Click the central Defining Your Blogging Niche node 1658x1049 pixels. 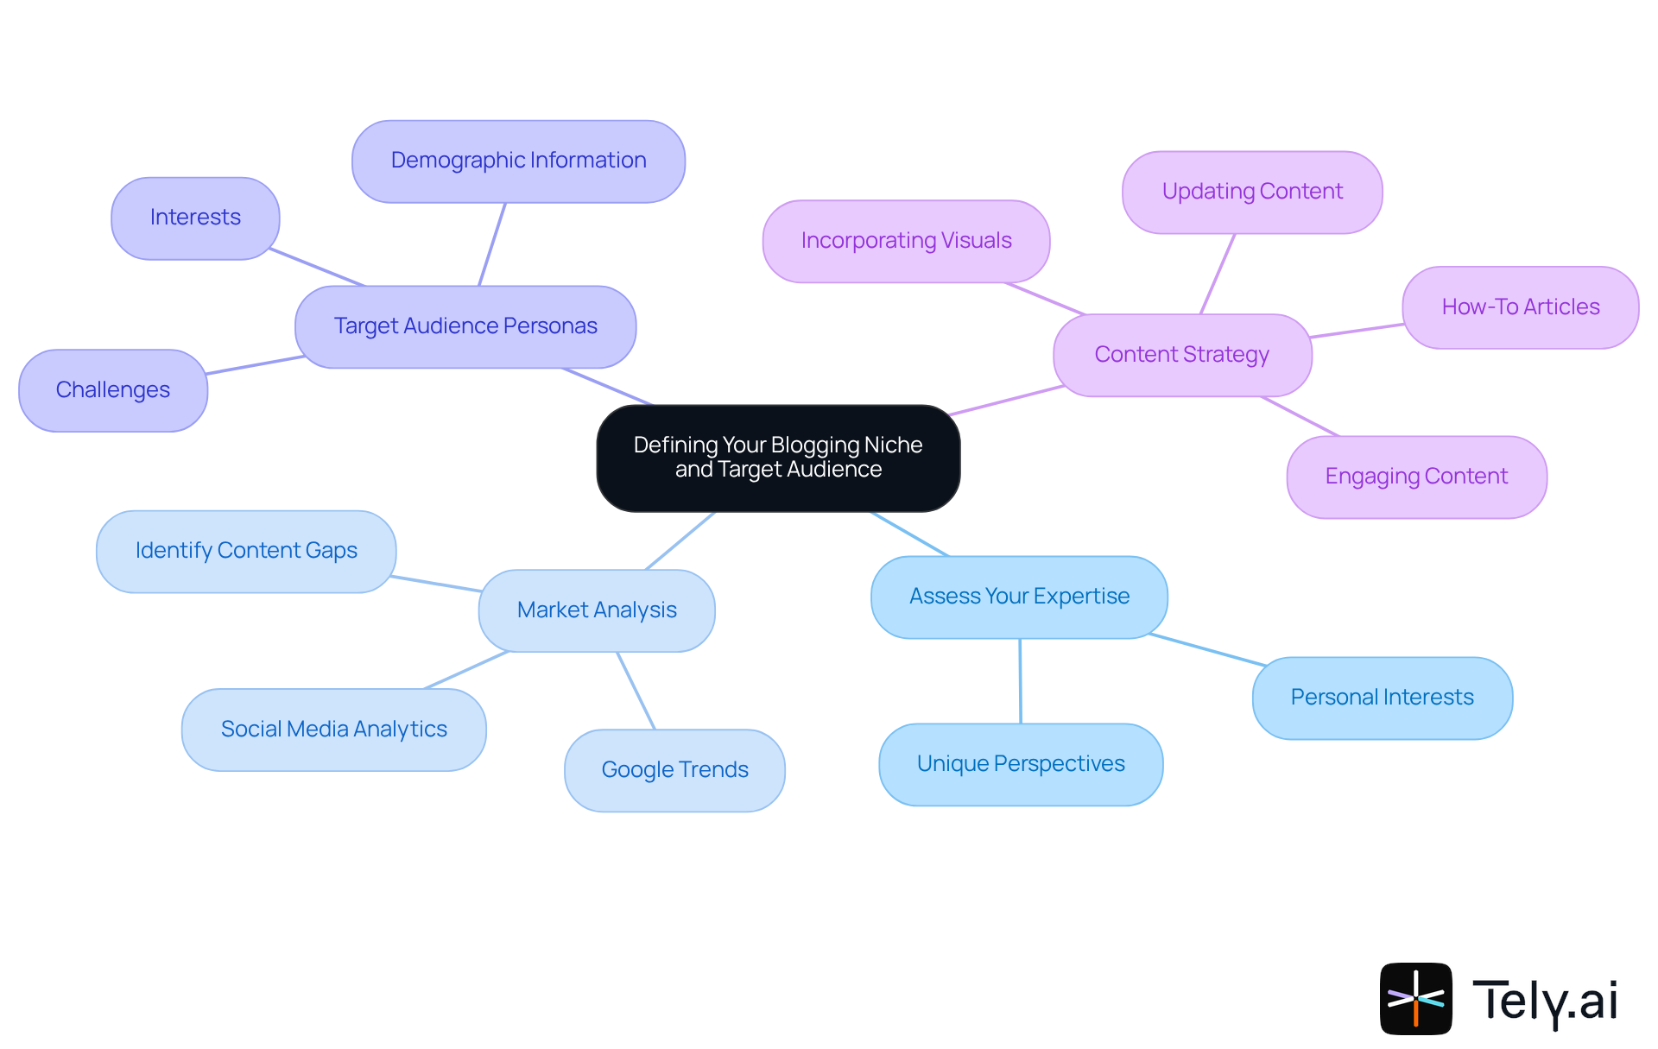[x=778, y=458]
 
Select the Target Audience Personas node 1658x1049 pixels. [x=465, y=326]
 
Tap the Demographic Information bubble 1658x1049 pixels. [x=518, y=161]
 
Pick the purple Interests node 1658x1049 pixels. [x=195, y=218]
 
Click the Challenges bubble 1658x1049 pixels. [x=113, y=390]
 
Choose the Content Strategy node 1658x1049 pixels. [x=1181, y=355]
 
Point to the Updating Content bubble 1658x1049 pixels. [x=1252, y=192]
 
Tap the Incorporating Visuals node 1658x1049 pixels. [x=906, y=241]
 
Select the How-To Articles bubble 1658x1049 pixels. [x=1520, y=307]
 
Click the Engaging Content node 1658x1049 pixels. [x=1416, y=477]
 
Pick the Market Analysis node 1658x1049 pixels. [x=597, y=610]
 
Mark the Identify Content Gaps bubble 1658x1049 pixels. [x=246, y=551]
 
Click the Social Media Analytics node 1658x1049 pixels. [x=333, y=730]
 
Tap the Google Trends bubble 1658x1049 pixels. [x=674, y=770]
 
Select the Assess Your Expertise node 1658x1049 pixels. [x=1019, y=597]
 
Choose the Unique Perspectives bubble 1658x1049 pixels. [x=1021, y=764]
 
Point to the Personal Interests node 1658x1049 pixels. [x=1382, y=698]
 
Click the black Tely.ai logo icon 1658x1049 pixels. [x=1415, y=998]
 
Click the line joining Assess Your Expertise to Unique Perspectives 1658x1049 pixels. [x=1020, y=681]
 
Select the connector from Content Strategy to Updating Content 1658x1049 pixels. [x=1218, y=274]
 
